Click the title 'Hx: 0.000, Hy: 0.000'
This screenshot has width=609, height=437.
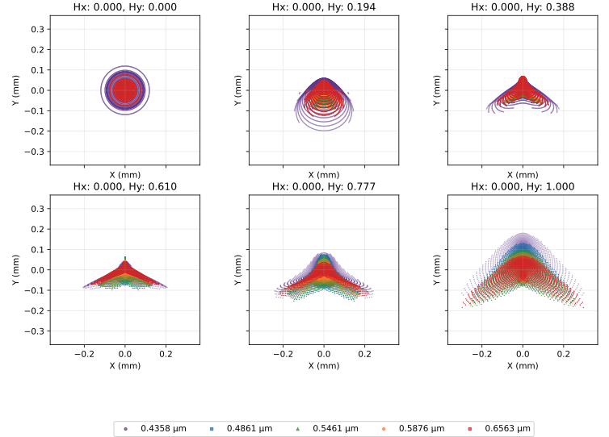(124, 7)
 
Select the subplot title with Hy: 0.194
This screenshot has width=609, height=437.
(324, 7)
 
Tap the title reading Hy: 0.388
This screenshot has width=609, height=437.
(523, 7)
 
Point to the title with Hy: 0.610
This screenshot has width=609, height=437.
(124, 186)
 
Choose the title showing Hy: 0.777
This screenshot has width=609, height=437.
(324, 186)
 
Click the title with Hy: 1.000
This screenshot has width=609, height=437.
(523, 186)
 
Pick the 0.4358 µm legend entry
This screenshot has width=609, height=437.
(155, 428)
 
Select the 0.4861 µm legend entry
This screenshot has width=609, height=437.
(241, 428)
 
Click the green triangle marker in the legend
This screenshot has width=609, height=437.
(298, 428)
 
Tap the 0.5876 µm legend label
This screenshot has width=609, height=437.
(422, 428)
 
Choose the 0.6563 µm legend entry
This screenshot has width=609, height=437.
(499, 428)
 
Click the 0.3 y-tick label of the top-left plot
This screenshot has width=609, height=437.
(38, 29)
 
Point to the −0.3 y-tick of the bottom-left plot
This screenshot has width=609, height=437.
(35, 331)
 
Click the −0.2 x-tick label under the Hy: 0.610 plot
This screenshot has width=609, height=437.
(84, 354)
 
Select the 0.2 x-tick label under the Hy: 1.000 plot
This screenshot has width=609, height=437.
(564, 354)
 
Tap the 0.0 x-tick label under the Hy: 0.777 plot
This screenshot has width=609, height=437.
(324, 354)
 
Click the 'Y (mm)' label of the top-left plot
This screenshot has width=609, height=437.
(15, 90)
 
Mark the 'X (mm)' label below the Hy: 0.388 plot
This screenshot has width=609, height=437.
(523, 174)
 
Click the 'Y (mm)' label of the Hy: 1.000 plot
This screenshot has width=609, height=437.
(436, 270)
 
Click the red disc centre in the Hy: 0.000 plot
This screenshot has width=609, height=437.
(124, 90)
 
